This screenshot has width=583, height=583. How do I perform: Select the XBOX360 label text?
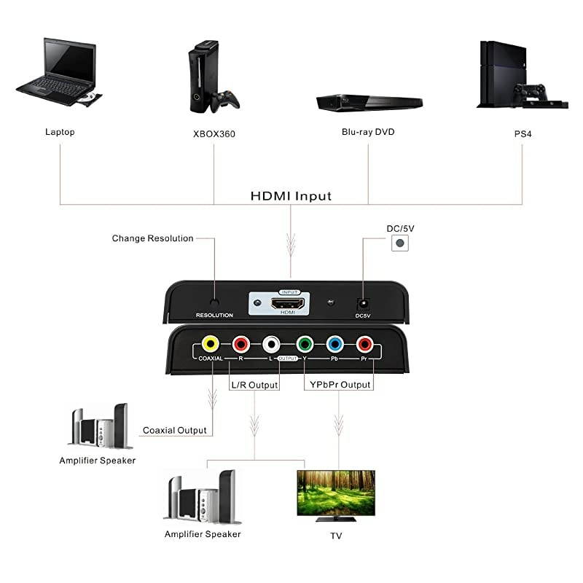(214, 134)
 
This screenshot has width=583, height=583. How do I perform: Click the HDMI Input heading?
(291, 196)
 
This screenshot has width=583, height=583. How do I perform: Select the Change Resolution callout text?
(152, 238)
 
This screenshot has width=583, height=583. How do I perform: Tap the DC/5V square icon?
(400, 244)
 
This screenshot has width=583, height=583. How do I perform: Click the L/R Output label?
(254, 384)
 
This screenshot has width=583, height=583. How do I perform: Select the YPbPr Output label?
(337, 384)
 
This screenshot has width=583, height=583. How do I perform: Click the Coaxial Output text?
(174, 430)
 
